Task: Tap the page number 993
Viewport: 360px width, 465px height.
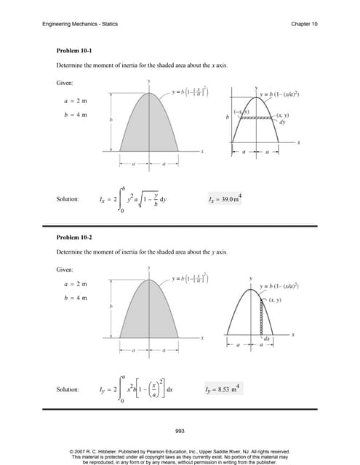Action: [180, 431]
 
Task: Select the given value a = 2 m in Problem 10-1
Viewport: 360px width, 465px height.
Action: [75, 102]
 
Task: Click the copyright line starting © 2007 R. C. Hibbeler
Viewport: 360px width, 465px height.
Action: [180, 450]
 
